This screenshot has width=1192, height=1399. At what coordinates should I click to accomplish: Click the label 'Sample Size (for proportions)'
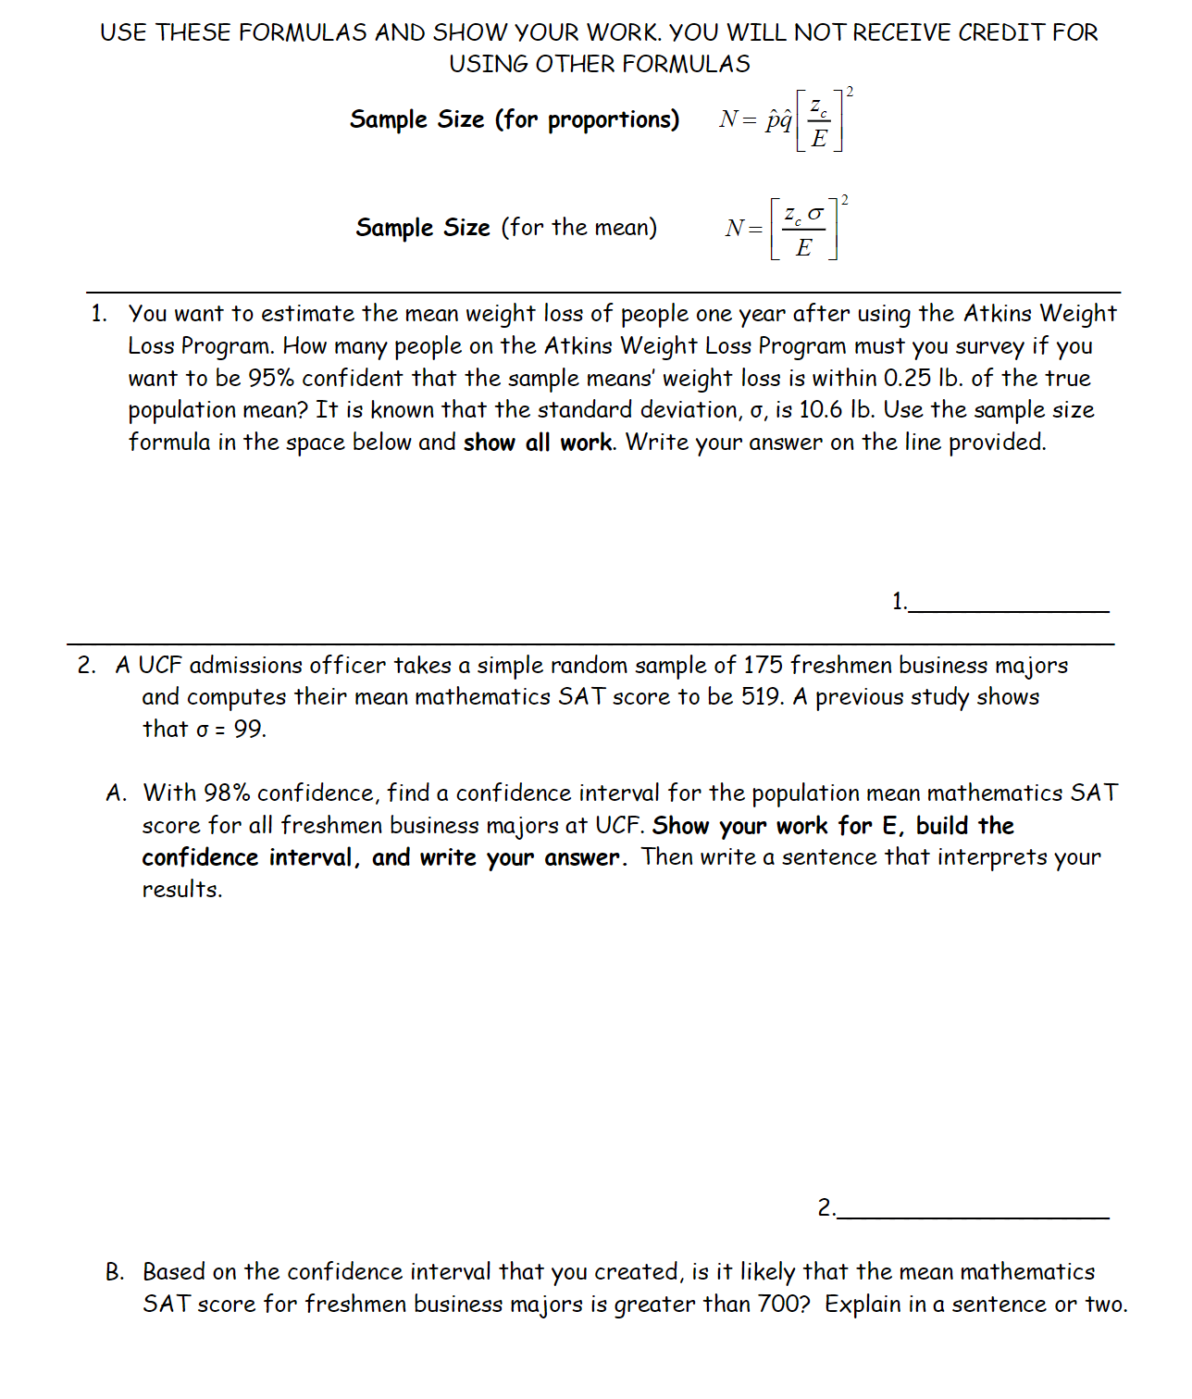[514, 119]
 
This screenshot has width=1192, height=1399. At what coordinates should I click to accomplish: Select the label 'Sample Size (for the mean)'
[506, 228]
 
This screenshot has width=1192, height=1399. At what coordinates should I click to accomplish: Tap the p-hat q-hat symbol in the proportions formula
[778, 120]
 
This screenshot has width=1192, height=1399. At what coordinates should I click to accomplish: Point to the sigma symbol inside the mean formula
[815, 214]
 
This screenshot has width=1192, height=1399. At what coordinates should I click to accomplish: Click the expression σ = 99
[231, 730]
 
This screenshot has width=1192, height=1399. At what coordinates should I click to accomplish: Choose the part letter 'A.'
[116, 793]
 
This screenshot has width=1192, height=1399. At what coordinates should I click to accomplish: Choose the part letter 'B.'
[115, 1272]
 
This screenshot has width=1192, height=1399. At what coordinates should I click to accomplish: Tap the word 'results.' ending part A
[182, 890]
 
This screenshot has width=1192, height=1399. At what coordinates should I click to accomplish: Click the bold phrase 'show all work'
[538, 443]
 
